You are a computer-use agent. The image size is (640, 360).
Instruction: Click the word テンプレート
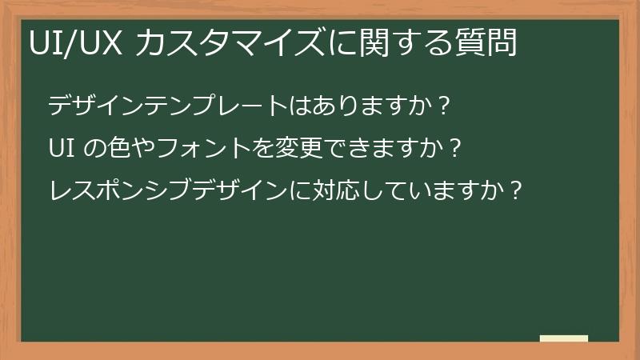click(x=217, y=106)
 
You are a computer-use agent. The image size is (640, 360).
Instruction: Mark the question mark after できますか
click(x=454, y=148)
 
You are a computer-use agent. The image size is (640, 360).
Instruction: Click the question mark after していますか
click(x=514, y=191)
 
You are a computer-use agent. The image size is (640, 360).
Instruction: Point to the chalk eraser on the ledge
click(x=563, y=338)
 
